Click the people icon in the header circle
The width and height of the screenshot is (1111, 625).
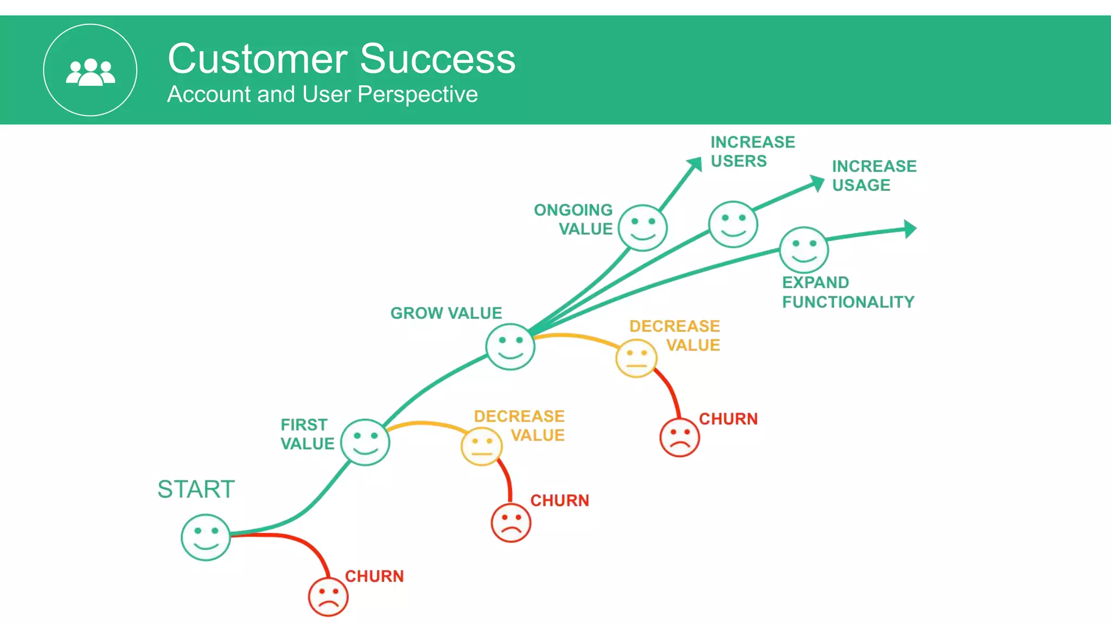(90, 72)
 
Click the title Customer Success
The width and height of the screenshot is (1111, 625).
(341, 59)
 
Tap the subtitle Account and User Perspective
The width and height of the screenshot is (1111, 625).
(322, 94)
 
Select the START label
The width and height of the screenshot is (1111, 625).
(196, 489)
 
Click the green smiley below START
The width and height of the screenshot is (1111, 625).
(206, 537)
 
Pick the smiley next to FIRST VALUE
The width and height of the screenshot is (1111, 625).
(365, 442)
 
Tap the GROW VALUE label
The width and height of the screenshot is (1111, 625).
(446, 313)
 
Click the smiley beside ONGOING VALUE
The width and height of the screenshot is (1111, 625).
(642, 228)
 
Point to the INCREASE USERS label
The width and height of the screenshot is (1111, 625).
(752, 151)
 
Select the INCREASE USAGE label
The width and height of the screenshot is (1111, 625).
(873, 175)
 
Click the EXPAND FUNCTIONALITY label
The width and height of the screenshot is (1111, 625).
(847, 292)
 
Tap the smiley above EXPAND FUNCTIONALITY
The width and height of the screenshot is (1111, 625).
(803, 250)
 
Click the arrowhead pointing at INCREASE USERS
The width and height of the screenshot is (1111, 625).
(695, 164)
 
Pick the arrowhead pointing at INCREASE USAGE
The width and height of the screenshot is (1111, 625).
(817, 183)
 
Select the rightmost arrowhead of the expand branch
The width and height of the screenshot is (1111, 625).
(910, 229)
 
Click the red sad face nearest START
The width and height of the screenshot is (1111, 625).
(328, 597)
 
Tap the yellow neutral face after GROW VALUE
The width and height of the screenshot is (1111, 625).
(636, 359)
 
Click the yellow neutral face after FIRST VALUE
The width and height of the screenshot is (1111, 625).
(481, 447)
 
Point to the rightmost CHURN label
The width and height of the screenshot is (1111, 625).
(727, 419)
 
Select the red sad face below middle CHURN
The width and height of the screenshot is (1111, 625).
(510, 523)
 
